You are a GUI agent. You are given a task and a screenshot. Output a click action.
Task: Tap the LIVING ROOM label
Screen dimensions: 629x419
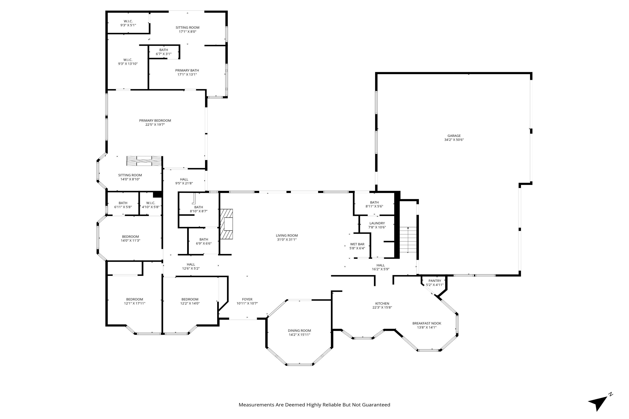287,235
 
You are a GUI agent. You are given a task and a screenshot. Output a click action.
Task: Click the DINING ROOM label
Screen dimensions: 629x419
299,330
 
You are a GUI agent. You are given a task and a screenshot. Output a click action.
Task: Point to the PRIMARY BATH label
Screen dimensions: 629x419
187,71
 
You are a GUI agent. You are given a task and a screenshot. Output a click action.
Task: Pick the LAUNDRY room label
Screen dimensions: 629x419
377,223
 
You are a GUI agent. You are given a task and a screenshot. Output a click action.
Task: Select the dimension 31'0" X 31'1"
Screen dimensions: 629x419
287,239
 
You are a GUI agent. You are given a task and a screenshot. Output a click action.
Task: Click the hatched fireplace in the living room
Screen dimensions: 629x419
226,224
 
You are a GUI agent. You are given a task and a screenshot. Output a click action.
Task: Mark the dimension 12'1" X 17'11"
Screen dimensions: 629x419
135,303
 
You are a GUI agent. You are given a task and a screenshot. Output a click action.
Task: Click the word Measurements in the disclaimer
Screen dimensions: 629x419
256,405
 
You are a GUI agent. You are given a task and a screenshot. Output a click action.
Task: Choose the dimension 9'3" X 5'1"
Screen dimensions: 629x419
128,25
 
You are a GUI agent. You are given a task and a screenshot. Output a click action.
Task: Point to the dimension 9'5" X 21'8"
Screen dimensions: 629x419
184,183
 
